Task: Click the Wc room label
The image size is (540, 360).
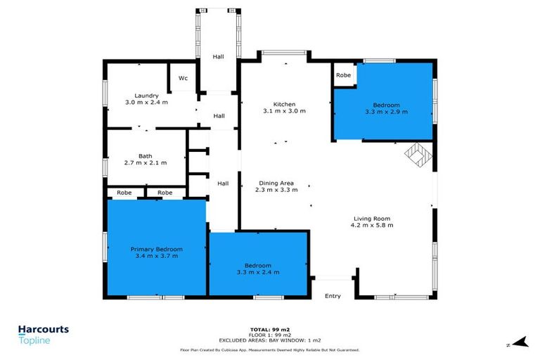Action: click(x=183, y=77)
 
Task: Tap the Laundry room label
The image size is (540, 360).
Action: click(x=146, y=96)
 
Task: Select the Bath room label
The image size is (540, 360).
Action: click(x=146, y=156)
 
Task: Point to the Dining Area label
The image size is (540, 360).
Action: click(x=275, y=183)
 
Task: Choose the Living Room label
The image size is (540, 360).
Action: click(x=372, y=218)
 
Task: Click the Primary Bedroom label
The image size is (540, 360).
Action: click(x=156, y=249)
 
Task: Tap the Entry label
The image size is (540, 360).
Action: click(x=333, y=296)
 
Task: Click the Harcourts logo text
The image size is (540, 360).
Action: click(x=43, y=328)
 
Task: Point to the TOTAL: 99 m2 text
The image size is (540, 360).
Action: click(x=269, y=329)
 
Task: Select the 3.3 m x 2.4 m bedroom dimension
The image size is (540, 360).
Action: click(x=258, y=272)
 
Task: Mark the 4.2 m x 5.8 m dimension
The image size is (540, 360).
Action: click(x=372, y=226)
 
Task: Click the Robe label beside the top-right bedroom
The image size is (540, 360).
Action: click(x=343, y=75)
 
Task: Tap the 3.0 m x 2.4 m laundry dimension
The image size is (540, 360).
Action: click(x=146, y=103)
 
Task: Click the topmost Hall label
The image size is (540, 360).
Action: click(x=219, y=58)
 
